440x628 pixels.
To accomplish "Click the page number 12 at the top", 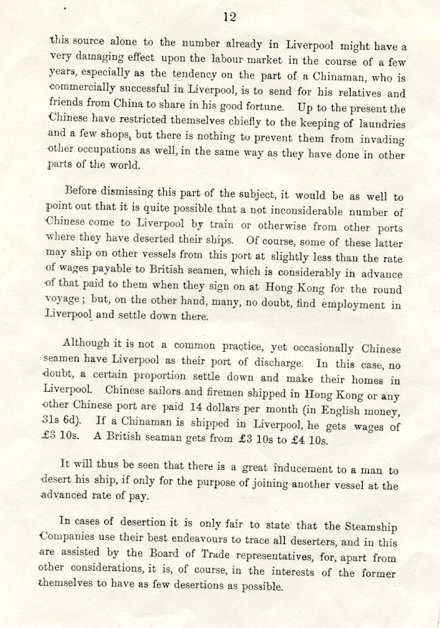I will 230,17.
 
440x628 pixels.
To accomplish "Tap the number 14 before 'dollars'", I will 196,408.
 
